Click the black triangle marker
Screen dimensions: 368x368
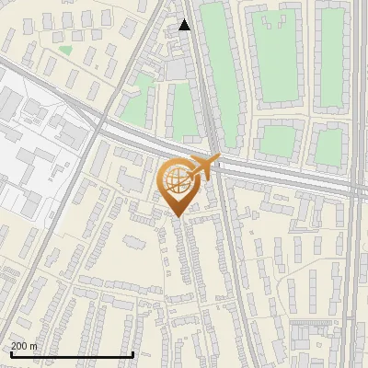(185, 25)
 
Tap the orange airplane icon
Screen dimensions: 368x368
(205, 166)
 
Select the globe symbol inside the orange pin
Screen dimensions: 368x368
(176, 181)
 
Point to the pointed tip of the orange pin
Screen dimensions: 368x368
(178, 217)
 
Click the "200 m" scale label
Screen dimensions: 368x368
(24, 346)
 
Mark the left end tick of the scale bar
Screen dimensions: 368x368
(10, 354)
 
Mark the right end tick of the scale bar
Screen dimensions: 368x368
(134, 354)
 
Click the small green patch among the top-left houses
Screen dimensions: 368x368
(64, 51)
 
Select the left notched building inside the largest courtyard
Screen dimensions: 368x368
(266, 20)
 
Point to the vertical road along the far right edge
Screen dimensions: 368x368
(357, 276)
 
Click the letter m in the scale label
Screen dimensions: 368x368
(33, 346)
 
